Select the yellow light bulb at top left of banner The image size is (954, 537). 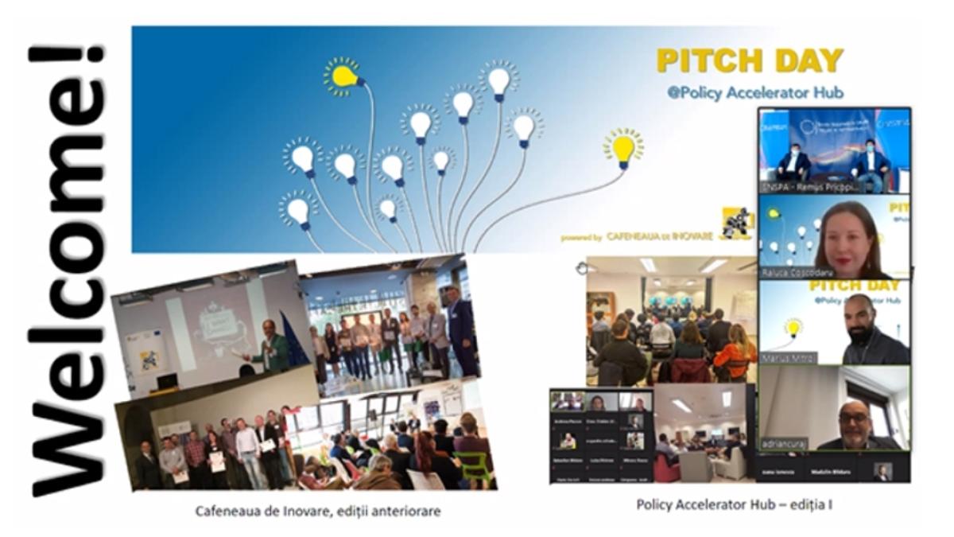344,76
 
